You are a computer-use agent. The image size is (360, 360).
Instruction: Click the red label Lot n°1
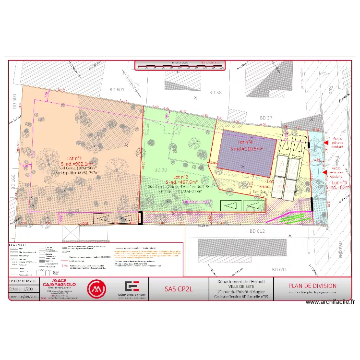point(75,158)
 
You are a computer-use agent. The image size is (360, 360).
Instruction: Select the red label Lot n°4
point(245,143)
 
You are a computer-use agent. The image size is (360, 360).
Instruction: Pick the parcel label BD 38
point(216,91)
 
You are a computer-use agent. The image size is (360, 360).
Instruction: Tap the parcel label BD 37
point(266,118)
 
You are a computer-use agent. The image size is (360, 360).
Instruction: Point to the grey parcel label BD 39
point(160,170)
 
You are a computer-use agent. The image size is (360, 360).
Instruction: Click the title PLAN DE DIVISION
point(312,286)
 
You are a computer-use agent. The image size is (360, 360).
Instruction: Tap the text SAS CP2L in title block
point(178,289)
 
